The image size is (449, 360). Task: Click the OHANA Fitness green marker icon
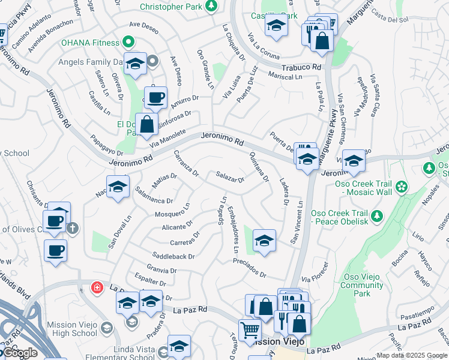pos(127,43)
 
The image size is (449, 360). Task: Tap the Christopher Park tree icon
pos(211,6)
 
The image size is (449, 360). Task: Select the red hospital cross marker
pos(96,288)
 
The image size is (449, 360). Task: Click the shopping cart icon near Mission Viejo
pos(250,329)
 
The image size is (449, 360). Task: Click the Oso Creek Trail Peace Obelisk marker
pos(377,215)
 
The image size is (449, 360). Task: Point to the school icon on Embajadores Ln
pos(264,240)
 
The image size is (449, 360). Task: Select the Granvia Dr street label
pos(161,270)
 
